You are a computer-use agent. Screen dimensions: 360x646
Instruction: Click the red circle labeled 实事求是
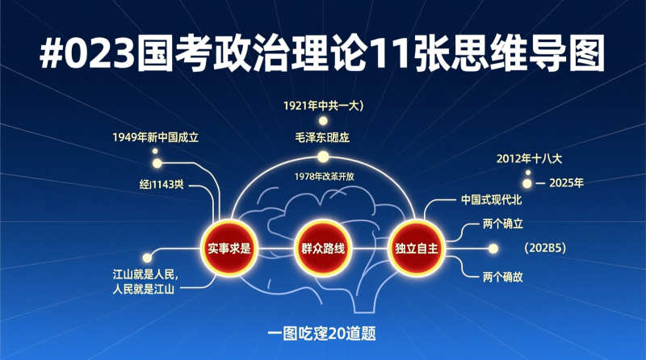click(228, 248)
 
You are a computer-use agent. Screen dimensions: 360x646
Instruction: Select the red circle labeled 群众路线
click(323, 248)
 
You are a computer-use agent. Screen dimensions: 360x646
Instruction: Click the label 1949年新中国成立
click(155, 137)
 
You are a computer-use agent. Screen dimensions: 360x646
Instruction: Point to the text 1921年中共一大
click(325, 105)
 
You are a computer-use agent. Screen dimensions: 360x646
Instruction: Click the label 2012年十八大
click(529, 158)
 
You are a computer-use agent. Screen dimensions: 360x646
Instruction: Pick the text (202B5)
click(543, 248)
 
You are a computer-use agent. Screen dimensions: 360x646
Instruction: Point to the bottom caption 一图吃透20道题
click(323, 332)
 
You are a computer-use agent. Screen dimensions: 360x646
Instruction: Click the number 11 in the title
click(391, 54)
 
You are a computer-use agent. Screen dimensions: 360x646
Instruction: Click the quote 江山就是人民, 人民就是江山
click(145, 282)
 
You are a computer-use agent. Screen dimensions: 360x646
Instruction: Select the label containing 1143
click(161, 184)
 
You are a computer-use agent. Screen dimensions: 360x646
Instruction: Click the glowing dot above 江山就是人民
click(146, 257)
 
